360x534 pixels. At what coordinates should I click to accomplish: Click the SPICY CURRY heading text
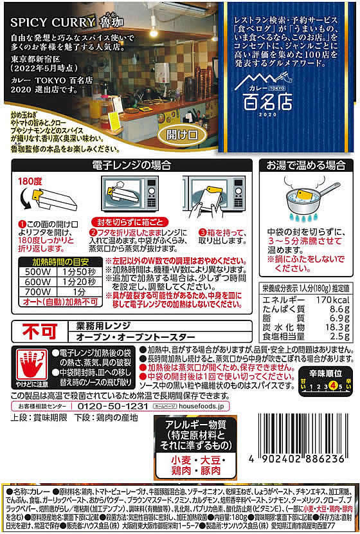[44, 21]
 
